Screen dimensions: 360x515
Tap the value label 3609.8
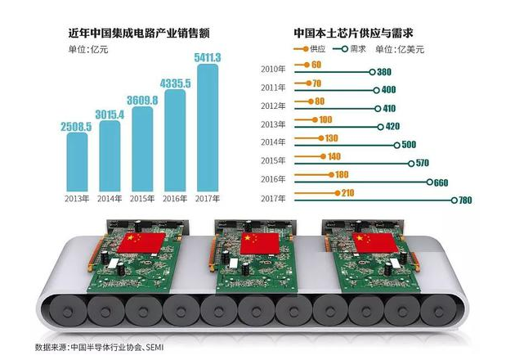pyautogui.click(x=141, y=98)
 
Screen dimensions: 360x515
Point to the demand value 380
pyautogui.click(x=384, y=73)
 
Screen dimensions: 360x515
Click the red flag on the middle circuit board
pyautogui.click(x=254, y=242)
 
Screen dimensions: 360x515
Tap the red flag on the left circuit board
pyautogui.click(x=141, y=241)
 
